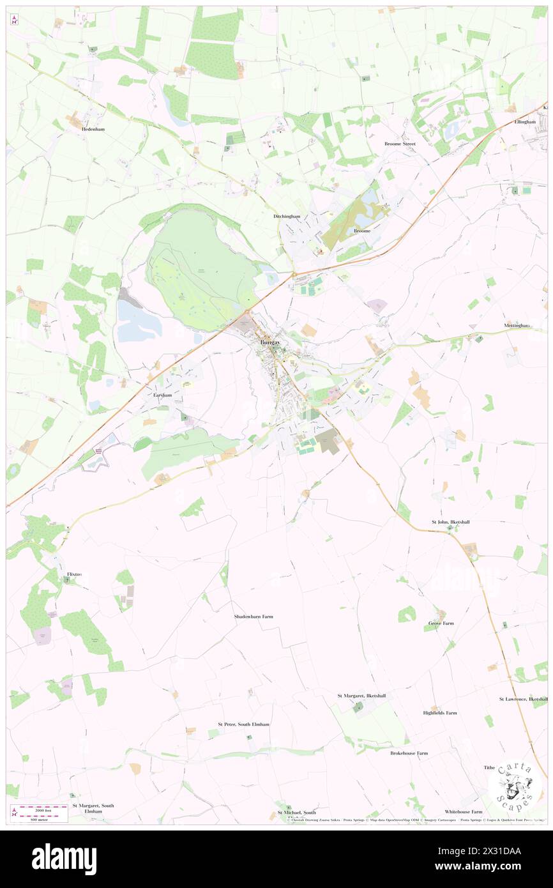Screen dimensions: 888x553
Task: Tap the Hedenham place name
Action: point(93,128)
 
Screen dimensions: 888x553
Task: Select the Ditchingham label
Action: point(282,217)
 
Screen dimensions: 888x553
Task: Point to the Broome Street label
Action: point(400,144)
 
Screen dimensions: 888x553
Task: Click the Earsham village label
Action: point(163,395)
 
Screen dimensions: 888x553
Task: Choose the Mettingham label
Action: point(517,326)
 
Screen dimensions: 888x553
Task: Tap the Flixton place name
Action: point(74,574)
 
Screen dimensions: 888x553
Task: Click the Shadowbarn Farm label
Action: point(254,616)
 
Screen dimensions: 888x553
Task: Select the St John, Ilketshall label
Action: point(451,522)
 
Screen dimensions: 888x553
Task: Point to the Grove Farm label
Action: point(441,623)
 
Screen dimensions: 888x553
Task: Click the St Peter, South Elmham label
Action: point(243,724)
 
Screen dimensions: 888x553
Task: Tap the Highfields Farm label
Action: point(440,713)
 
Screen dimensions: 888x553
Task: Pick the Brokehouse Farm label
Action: point(409,753)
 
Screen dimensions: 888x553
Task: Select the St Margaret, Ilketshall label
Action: point(361,695)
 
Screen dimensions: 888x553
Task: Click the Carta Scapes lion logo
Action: point(515,785)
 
